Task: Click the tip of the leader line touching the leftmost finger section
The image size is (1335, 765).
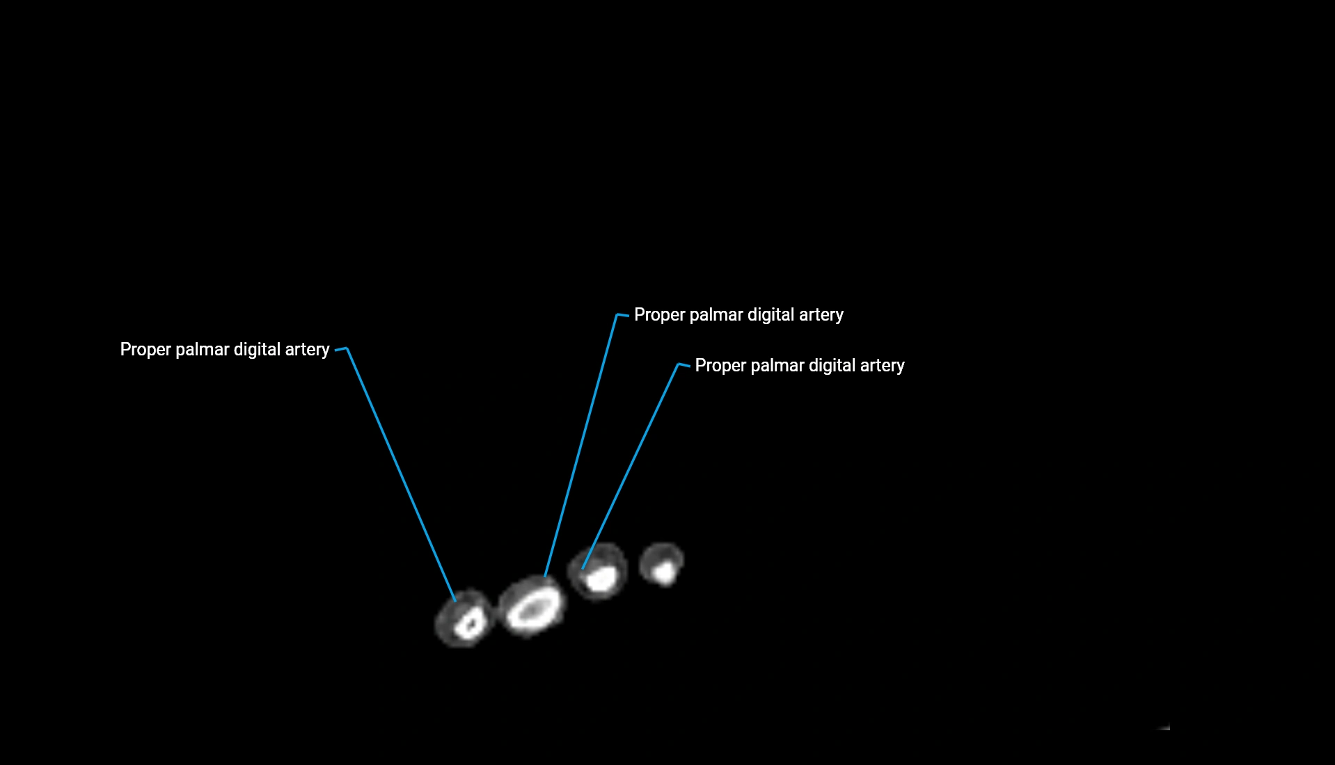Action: coord(455,600)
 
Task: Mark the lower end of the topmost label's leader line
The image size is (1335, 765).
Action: coord(545,576)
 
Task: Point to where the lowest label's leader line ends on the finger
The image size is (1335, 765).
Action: coord(583,568)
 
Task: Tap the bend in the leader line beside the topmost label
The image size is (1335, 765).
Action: coord(618,315)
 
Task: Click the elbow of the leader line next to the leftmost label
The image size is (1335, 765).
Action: coord(346,348)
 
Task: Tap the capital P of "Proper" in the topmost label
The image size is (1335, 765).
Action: coord(640,315)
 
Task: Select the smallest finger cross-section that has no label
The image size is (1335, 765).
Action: coord(662,564)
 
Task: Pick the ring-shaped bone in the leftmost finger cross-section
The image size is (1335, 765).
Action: coord(469,622)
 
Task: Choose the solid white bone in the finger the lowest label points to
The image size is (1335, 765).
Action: coord(600,579)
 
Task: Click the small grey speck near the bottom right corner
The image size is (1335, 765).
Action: coord(1164,727)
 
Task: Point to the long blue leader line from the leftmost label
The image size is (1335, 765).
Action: coord(401,474)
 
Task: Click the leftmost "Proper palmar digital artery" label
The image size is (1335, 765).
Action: coord(225,349)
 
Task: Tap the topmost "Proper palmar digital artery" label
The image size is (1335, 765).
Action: coord(738,315)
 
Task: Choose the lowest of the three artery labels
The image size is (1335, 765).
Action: coord(800,366)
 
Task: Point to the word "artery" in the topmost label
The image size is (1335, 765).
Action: coord(821,315)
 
